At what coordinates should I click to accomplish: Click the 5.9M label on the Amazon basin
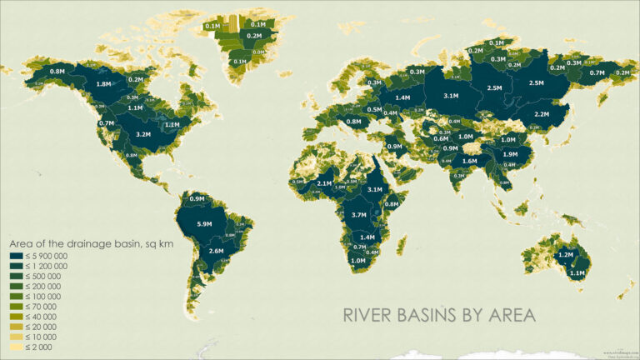(202, 224)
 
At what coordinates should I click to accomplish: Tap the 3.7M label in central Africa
(360, 215)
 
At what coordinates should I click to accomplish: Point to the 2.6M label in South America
(216, 251)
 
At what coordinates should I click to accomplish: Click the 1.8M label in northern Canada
(104, 84)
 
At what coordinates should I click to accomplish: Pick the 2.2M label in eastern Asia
(542, 114)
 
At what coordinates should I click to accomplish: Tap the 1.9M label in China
(511, 154)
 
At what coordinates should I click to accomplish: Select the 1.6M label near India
(469, 161)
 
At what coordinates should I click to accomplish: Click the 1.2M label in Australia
(566, 254)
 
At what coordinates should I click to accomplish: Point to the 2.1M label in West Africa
(325, 182)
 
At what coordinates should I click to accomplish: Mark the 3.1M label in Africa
(374, 189)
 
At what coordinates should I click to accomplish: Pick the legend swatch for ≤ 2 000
(16, 347)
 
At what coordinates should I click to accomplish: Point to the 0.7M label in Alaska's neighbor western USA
(106, 123)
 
